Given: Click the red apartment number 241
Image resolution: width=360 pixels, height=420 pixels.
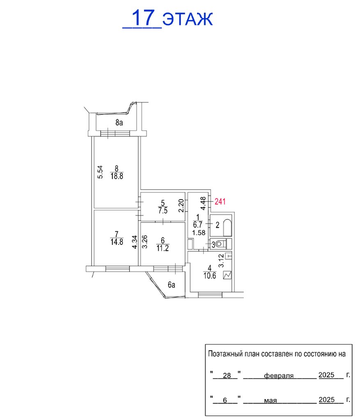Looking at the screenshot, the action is click(220, 201).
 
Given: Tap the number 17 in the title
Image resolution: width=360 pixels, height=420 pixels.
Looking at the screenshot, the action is click(144, 18).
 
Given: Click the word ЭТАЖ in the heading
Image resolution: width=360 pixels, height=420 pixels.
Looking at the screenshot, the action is click(188, 19).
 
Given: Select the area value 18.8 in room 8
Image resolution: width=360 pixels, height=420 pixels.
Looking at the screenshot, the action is click(117, 176).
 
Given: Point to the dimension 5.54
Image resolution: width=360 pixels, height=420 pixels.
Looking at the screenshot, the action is click(100, 172).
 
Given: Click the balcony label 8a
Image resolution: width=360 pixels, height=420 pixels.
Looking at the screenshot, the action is click(119, 123).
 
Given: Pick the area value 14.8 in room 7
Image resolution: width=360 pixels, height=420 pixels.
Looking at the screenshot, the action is click(117, 242).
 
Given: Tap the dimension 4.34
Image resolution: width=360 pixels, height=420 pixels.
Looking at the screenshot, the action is click(135, 242).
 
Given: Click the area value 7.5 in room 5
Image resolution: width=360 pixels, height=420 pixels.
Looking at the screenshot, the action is click(163, 210).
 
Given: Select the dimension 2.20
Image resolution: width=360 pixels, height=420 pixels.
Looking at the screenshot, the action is click(181, 206).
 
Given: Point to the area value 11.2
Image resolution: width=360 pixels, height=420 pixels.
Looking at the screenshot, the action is click(163, 248).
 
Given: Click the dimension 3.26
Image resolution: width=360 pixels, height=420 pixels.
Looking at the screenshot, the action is click(145, 242).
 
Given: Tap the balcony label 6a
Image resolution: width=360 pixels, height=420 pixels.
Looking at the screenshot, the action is click(172, 285).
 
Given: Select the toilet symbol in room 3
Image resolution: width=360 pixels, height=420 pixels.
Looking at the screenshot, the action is click(219, 244).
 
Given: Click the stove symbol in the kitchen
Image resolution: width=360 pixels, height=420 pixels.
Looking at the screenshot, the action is click(227, 275).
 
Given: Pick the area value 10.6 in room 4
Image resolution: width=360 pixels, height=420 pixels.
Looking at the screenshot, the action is click(210, 276).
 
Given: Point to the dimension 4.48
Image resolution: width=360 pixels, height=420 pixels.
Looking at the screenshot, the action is click(204, 203).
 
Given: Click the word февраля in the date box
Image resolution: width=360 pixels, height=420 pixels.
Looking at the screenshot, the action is click(279, 376).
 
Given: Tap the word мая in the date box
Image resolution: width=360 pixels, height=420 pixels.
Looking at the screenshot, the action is click(271, 401).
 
